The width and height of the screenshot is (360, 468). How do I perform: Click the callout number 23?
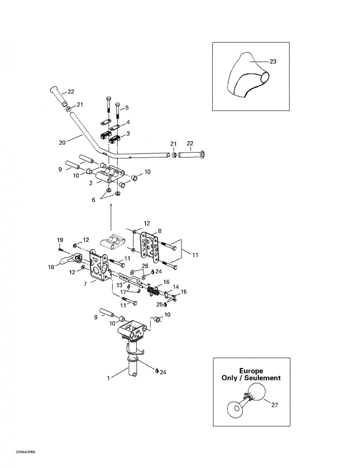pos(272,62)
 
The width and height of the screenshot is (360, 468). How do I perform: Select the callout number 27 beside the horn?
pos(275,405)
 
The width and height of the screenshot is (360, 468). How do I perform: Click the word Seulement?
pos(263,378)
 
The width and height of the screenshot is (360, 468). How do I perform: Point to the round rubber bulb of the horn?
pos(256,391)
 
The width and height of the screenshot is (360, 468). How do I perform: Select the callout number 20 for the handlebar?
pos(62,143)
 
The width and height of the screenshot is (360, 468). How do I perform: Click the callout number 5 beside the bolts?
pos(127,107)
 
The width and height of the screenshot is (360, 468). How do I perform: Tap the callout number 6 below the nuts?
pos(94,200)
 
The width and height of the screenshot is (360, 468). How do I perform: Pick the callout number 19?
pos(60,240)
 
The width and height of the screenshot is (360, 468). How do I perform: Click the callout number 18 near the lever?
pos(51,267)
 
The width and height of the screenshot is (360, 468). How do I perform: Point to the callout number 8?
pos(160,231)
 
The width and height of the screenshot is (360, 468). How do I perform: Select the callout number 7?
pos(85,284)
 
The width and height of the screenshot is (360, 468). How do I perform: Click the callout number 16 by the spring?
pos(166,282)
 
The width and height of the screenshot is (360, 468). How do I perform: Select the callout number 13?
pos(120,285)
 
